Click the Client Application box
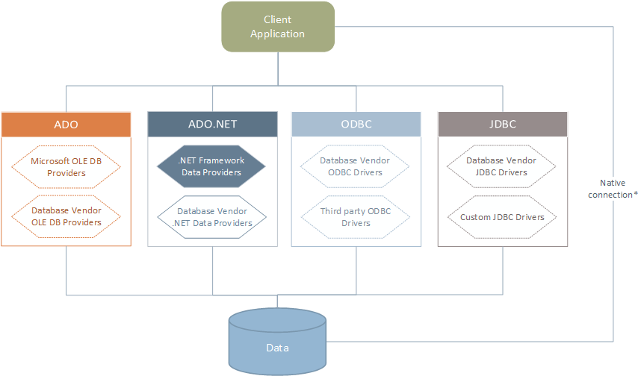278,27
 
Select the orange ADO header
66,124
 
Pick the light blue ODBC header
356,124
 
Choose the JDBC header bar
502,124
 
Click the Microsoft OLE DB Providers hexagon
66,166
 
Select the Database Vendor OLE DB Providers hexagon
66,216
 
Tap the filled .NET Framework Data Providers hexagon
211,166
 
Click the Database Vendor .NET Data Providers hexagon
213,216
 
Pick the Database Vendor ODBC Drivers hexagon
356,166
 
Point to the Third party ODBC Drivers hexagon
356,216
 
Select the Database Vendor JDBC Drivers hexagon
502,166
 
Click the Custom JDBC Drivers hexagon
502,217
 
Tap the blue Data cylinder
278,339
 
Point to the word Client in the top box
278,20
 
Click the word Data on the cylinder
278,348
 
